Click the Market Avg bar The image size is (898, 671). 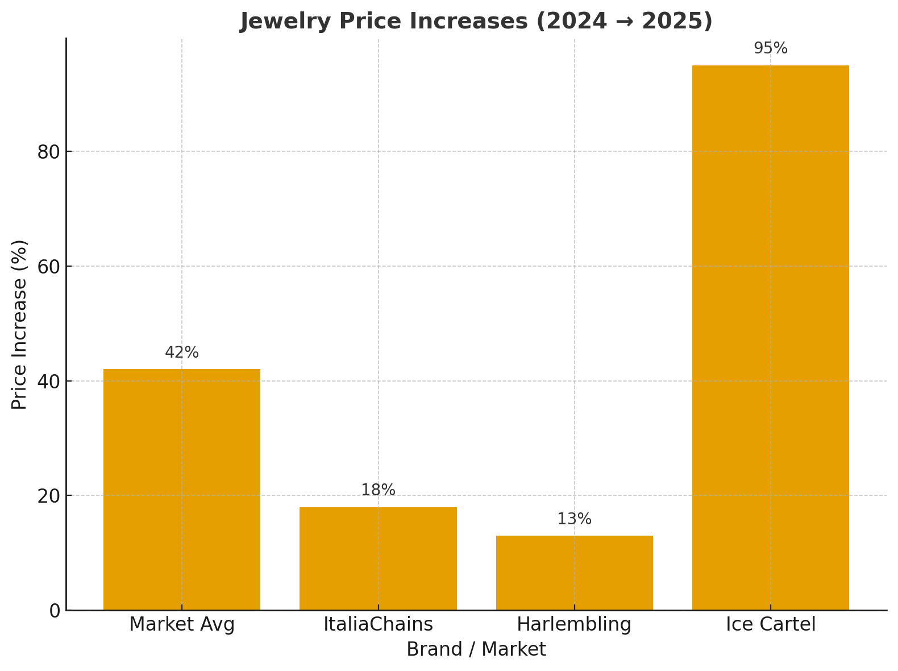[x=182, y=489]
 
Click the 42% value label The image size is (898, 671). [x=182, y=353]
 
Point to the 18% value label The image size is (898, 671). [x=378, y=490]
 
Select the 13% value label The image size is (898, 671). [x=574, y=519]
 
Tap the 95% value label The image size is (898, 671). [x=770, y=48]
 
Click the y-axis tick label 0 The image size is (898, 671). [x=55, y=611]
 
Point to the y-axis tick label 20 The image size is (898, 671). [x=49, y=496]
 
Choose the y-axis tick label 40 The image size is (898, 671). [x=49, y=381]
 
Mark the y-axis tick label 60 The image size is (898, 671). [x=49, y=266]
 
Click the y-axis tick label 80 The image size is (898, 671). [x=49, y=152]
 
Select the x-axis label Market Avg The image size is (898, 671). [x=182, y=624]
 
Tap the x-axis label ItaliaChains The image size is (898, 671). [x=378, y=624]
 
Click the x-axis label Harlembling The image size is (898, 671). [x=574, y=624]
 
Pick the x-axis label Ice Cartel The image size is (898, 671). [x=770, y=624]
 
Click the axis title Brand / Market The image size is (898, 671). [x=476, y=649]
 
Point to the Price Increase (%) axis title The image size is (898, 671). [x=19, y=324]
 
